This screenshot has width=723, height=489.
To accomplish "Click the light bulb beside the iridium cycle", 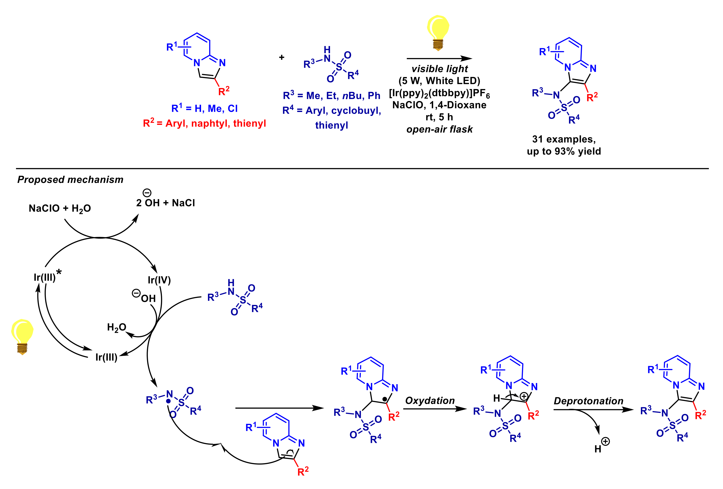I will pos(22,336).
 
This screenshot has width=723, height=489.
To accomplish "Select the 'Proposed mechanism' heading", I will pos(70,180).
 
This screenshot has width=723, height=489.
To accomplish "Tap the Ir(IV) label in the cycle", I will pos(159,280).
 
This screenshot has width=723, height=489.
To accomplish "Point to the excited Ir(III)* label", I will pos(47,276).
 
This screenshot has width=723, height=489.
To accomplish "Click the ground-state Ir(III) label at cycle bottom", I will pos(106,357).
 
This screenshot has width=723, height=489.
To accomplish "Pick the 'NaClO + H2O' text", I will pos(60,208).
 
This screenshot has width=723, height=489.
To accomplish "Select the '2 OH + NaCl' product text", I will pos(165,203).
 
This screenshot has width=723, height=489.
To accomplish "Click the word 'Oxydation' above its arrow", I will pos(430,400).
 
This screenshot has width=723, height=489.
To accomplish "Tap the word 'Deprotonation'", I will pos(588,401).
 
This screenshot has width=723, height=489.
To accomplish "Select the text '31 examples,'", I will pos(564,139).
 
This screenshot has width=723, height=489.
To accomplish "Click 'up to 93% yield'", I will pos(564,151).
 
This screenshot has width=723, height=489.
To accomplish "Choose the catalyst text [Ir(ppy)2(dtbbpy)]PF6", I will pos(439,93).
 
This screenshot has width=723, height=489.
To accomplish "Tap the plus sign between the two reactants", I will pos(282,57).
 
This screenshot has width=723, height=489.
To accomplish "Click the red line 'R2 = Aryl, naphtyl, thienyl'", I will pos(204,123).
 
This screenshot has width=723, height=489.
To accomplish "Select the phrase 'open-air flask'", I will pos(439,129).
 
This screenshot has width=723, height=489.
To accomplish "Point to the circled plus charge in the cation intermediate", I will pos(524,396).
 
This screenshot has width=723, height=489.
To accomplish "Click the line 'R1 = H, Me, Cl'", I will pos(204,108).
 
